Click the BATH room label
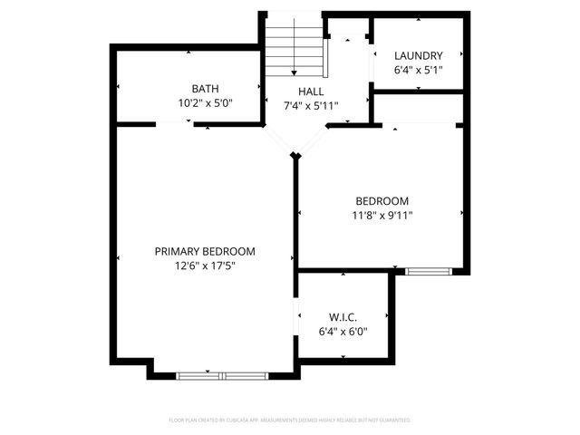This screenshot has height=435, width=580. [204, 89]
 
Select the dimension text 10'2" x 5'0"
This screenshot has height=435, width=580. [204, 103]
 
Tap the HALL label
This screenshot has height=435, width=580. [311, 92]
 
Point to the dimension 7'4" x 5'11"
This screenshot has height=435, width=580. [311, 106]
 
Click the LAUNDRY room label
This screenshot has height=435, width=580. [418, 55]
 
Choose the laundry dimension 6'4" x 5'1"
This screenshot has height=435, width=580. [418, 70]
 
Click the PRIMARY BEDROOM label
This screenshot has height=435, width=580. [204, 251]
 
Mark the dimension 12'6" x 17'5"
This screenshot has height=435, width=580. [204, 266]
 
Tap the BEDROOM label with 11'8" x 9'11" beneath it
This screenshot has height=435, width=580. [382, 200]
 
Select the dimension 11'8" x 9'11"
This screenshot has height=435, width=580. [382, 215]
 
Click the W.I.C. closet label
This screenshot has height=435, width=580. [343, 317]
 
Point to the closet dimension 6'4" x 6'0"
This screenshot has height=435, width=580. [343, 332]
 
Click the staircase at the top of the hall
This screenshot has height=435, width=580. [294, 52]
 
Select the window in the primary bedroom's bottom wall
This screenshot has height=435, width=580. [221, 374]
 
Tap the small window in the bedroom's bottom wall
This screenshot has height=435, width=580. [428, 271]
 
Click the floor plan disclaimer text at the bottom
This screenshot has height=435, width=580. [290, 420]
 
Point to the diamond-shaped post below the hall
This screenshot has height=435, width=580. [295, 157]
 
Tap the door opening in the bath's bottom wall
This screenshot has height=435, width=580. [174, 126]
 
